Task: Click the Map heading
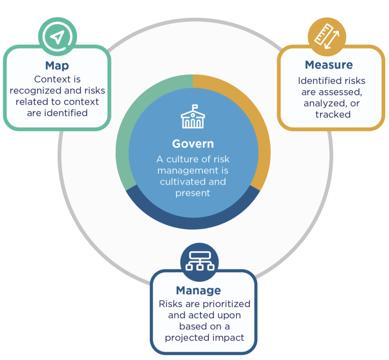(x=57, y=66)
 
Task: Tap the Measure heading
(x=329, y=65)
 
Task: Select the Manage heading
(x=198, y=290)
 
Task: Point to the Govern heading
(x=193, y=144)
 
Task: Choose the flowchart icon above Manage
(x=200, y=261)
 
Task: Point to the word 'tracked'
(x=333, y=114)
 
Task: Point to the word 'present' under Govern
(x=193, y=193)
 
